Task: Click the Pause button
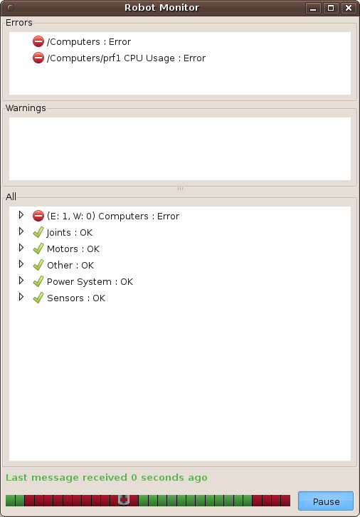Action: point(325,501)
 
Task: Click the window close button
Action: point(349,8)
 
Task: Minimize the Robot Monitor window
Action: point(313,8)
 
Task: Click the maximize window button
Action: point(331,8)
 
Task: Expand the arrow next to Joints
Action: point(21,231)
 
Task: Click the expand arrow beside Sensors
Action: point(21,297)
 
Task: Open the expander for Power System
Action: point(21,281)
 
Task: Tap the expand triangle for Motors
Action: point(21,248)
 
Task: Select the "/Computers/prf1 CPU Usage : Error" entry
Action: point(126,58)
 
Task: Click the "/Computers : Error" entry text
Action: point(89,42)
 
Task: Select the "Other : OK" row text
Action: point(70,266)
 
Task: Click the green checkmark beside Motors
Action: point(38,249)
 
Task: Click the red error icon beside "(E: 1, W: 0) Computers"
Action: point(38,216)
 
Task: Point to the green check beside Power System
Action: point(38,281)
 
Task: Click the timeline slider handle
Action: point(124,500)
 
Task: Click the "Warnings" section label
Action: point(26,108)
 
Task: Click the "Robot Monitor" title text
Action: point(162,8)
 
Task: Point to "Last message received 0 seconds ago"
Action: point(107,477)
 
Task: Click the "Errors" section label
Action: point(19,22)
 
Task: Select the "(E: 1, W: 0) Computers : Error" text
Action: point(113,216)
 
